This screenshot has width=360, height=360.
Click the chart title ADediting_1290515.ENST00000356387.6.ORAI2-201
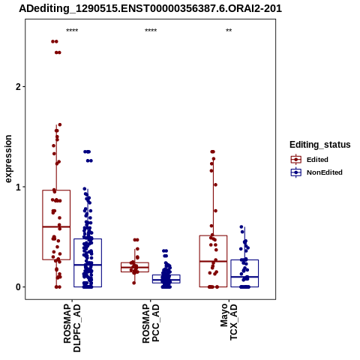[150, 9]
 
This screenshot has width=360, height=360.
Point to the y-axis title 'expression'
[8, 159]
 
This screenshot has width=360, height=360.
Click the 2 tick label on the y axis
[18, 87]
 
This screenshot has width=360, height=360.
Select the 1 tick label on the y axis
[18, 187]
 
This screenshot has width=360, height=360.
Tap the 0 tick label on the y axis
[18, 287]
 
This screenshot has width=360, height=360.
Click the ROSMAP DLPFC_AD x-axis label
[72, 328]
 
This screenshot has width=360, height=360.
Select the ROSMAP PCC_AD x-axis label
[151, 323]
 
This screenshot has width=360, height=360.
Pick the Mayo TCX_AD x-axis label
[229, 322]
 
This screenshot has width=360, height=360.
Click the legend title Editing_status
[320, 145]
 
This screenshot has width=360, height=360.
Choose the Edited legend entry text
[317, 160]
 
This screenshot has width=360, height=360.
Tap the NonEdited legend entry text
[325, 172]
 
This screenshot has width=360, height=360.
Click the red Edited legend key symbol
[296, 160]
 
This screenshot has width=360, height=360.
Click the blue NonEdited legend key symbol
[296, 172]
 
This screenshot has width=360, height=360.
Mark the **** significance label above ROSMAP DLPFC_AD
[72, 31]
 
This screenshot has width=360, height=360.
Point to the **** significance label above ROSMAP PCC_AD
[151, 31]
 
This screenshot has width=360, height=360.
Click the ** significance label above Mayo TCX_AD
[229, 31]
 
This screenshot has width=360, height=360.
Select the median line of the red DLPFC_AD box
[56, 226]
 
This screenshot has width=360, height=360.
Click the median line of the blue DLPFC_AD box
[88, 265]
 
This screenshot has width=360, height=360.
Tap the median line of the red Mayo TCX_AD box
[213, 261]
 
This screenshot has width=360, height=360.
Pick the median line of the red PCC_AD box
[135, 267]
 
